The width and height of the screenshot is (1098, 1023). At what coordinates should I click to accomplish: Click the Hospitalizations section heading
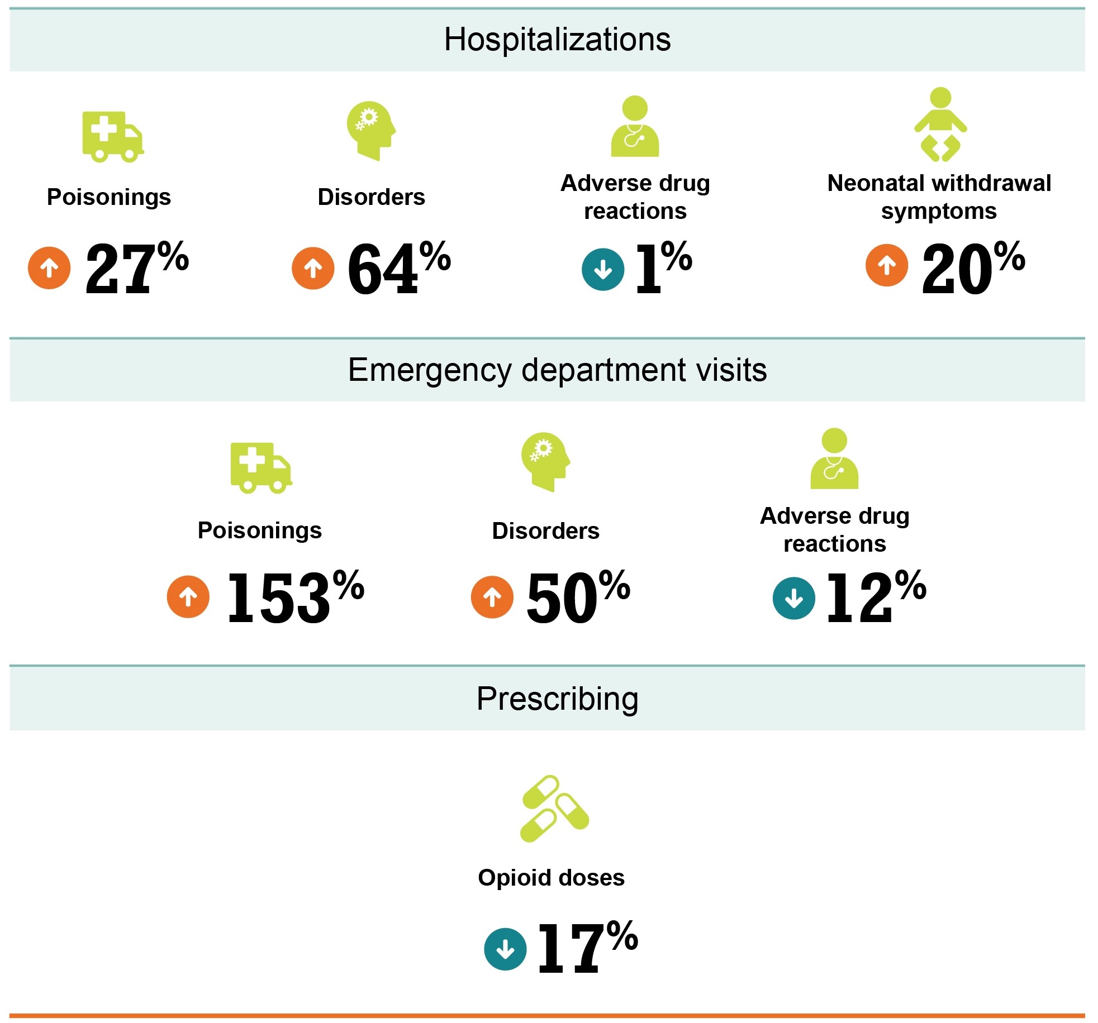557,40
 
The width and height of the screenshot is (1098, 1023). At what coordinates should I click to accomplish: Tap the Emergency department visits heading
557,370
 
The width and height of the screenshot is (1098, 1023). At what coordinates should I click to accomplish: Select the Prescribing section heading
557,699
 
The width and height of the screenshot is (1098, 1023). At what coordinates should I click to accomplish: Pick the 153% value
295,597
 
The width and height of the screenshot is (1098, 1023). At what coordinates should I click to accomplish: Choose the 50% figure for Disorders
578,597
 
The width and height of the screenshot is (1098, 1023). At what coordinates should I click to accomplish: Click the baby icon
940,125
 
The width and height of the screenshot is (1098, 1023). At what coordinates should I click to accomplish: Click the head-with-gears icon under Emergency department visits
545,462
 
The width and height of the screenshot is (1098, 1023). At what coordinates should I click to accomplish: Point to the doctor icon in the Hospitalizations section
635,127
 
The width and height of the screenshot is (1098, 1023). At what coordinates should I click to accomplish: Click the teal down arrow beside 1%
603,270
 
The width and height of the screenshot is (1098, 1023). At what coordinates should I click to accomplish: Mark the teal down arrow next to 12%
793,599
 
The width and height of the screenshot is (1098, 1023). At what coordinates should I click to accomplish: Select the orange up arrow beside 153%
188,597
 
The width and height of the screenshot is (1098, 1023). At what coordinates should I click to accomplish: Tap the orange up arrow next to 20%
887,265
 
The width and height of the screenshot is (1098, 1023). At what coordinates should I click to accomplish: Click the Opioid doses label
551,878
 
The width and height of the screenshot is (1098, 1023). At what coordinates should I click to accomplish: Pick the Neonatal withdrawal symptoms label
939,197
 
